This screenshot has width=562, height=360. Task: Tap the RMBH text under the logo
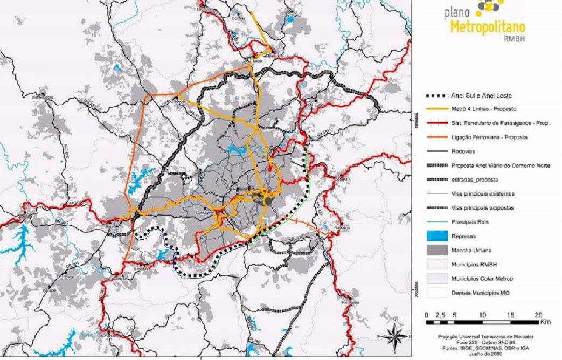point(514,39)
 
